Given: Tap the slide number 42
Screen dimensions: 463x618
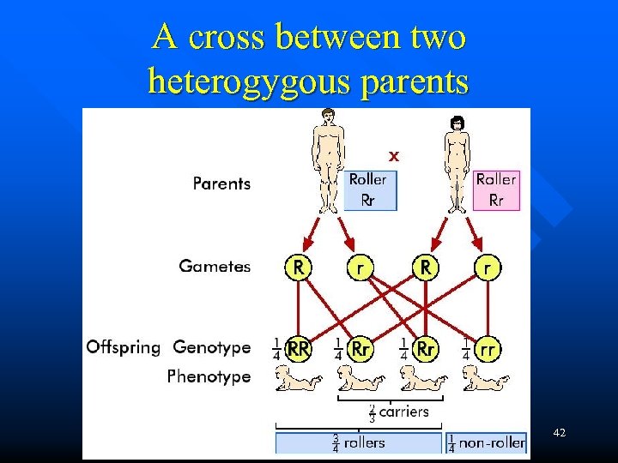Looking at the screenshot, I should tap(560, 434).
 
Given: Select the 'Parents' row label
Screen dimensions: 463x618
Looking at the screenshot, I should tap(221, 183).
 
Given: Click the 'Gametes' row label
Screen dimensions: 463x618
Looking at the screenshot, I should tap(215, 266).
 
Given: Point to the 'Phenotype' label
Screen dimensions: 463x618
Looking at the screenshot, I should tap(209, 376).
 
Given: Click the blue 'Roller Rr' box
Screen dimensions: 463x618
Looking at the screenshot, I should tap(371, 190).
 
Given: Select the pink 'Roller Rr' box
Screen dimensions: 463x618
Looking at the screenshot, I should tap(496, 190).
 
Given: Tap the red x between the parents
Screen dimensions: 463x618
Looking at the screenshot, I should tap(393, 156).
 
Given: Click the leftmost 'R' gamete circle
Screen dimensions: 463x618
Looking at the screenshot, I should tap(297, 267).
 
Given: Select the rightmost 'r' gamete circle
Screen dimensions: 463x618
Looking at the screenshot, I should tap(487, 267).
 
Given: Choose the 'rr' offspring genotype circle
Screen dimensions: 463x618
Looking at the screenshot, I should tap(487, 348).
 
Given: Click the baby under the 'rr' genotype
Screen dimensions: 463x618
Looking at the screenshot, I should tap(482, 378).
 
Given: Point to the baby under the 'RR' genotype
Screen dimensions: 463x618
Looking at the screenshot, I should tap(297, 378).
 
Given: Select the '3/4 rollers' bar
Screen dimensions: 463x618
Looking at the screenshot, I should tap(360, 443).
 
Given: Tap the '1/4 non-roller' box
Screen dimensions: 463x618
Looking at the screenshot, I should tap(487, 443).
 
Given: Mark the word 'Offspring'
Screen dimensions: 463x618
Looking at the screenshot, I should tap(123, 347).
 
